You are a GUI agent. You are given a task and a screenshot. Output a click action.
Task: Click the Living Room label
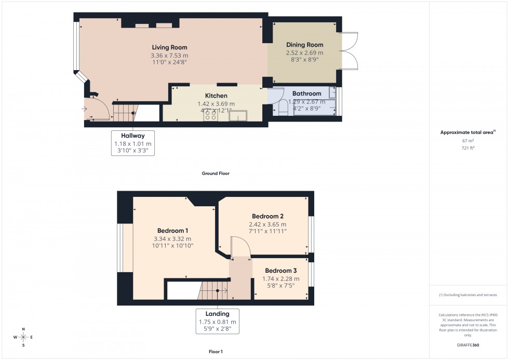[x=169, y=48]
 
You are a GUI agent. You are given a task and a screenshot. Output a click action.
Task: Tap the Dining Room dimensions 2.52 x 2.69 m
[x=304, y=52]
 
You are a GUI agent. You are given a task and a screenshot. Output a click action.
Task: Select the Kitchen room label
[x=216, y=96]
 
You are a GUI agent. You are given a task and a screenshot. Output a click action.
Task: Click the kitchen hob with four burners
[x=210, y=115]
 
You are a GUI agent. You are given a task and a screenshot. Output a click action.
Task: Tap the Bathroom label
[x=306, y=94]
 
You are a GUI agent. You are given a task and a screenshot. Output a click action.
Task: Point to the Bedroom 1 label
[x=172, y=231]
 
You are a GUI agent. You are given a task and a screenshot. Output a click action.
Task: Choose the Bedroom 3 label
[x=280, y=271]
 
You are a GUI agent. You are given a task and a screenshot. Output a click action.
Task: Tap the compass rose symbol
[x=23, y=337]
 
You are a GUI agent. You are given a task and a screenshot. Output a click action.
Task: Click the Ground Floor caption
[x=216, y=174]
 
